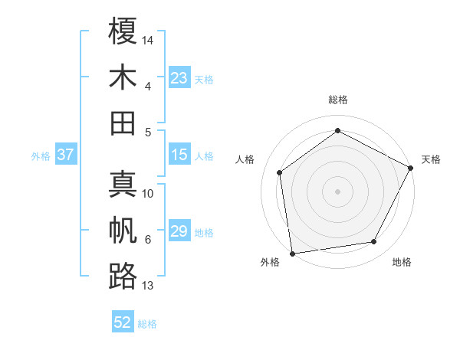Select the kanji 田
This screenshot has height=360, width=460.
pyautogui.click(x=123, y=123)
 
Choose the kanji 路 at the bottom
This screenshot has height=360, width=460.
pyautogui.click(x=123, y=276)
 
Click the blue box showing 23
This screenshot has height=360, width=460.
pyautogui.click(x=179, y=78)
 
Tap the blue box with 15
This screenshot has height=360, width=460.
pyautogui.click(x=179, y=155)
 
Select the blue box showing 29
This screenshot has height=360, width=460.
pyautogui.click(x=179, y=232)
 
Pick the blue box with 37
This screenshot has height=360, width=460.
pyautogui.click(x=66, y=155)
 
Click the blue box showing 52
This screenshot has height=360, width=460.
pyautogui.click(x=123, y=323)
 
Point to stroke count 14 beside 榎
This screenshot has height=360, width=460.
pyautogui.click(x=148, y=39)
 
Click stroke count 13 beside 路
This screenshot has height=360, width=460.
pyautogui.click(x=148, y=286)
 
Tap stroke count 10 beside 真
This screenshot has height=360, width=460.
pyautogui.click(x=148, y=194)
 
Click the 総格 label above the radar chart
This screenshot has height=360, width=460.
pyautogui.click(x=337, y=100)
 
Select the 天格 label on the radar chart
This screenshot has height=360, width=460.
pyautogui.click(x=431, y=159)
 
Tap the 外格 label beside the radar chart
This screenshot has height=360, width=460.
pyautogui.click(x=270, y=263)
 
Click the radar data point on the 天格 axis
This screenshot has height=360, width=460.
pyautogui.click(x=411, y=168)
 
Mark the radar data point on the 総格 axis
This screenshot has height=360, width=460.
pyautogui.click(x=337, y=130)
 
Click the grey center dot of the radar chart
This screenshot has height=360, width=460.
pyautogui.click(x=337, y=191)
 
